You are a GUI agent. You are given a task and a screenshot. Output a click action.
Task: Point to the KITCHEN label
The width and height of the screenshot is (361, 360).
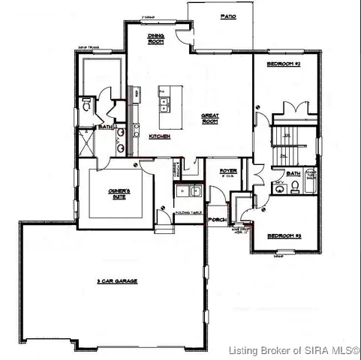coord(159,136)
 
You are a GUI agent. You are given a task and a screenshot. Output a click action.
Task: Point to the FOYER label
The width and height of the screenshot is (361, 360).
coord(228,172)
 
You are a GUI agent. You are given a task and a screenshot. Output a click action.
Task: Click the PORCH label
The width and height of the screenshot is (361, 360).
coord(218,220)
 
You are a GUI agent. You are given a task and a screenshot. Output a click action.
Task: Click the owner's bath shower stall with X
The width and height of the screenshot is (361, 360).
coord(86,142)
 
